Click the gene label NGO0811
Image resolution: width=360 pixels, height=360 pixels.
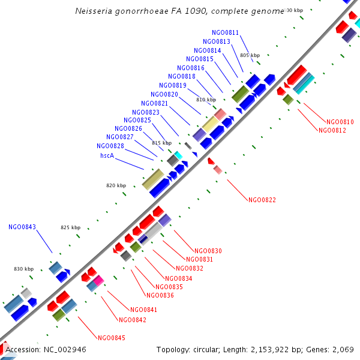coord(225,32)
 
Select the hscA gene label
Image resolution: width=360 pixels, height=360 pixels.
coord(107,155)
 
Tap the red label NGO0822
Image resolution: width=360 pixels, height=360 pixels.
coord(262,200)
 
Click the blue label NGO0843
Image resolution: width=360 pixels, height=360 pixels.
coord(22,227)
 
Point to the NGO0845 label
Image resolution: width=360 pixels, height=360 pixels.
coord(111,338)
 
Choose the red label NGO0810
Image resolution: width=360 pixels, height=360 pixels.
coord(340,122)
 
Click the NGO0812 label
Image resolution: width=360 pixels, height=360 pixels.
coord(332,130)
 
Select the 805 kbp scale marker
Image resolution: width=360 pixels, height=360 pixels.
coord(250,55)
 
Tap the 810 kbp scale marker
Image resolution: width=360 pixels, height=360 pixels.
coord(206,100)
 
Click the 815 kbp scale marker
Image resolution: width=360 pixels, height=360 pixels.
coord(161,143)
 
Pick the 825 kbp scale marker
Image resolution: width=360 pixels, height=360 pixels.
coord(70,227)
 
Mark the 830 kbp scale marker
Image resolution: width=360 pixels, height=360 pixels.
coord(23,269)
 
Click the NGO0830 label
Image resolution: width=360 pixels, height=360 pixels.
coord(208,251)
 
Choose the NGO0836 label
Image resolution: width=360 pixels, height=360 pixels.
coord(160,295)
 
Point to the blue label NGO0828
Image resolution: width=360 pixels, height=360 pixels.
coord(110,146)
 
